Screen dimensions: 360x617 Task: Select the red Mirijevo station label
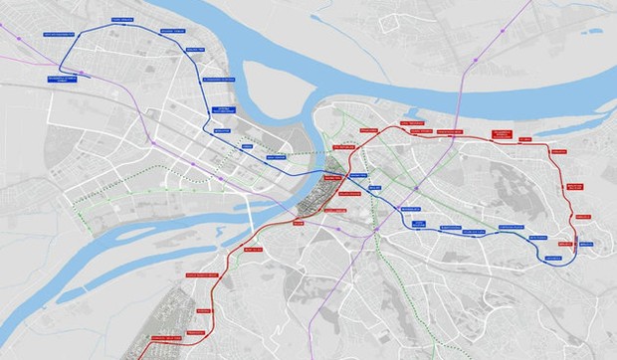566,242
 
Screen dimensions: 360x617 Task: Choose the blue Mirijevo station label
585,243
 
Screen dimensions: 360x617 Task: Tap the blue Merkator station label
222,130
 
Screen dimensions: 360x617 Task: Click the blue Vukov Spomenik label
412,210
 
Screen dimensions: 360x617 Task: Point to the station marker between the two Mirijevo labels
576,243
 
